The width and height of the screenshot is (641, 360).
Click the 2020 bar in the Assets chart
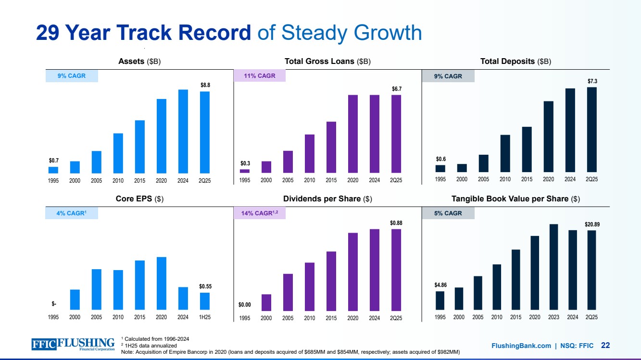[162, 136]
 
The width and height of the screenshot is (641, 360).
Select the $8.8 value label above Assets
[205, 85]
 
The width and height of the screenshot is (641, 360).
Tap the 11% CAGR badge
[259, 76]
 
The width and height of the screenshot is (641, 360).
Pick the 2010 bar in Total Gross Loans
[310, 153]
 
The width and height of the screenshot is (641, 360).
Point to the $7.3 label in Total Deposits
[592, 81]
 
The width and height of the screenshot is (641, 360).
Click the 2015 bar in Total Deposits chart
[527, 149]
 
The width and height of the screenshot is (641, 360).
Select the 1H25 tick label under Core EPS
[205, 317]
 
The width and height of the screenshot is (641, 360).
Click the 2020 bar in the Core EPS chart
[162, 283]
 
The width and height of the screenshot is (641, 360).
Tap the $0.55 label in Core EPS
[205, 286]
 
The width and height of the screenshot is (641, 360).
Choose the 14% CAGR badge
[259, 213]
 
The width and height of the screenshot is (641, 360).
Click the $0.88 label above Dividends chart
[396, 223]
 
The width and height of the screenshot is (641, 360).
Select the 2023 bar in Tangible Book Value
[553, 267]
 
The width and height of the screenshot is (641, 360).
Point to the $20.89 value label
[592, 224]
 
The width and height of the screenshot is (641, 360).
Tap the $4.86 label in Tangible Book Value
[440, 285]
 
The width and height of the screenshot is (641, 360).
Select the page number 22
[605, 345]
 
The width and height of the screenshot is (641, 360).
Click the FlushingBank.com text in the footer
[521, 346]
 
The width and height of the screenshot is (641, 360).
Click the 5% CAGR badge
[447, 213]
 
